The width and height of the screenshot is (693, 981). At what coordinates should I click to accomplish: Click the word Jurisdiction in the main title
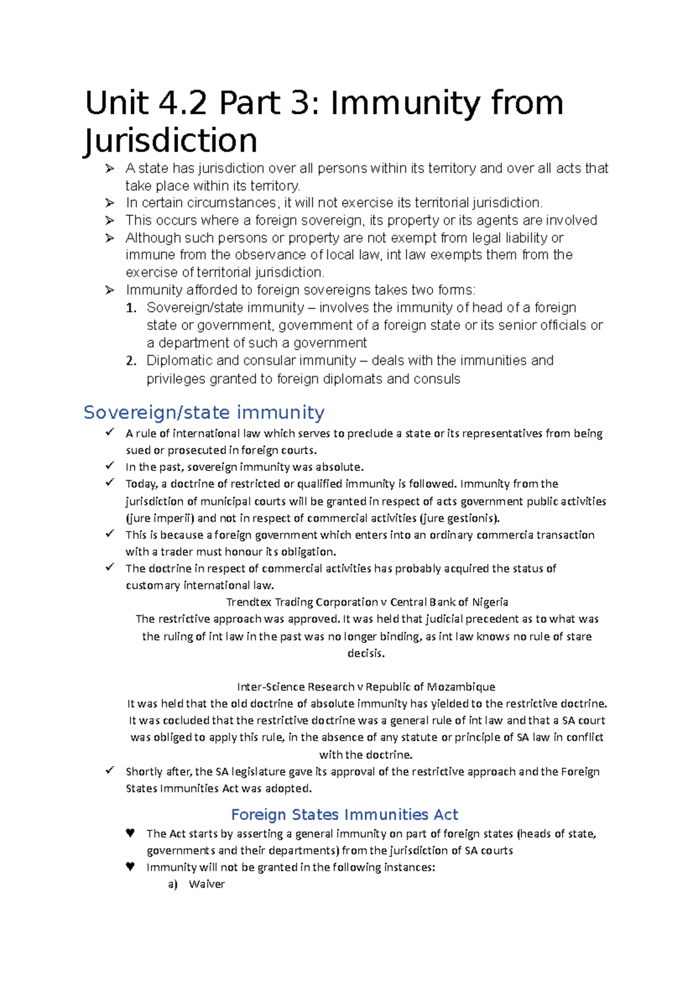pos(171,141)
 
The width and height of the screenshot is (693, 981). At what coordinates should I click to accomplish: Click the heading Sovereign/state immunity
pos(204,413)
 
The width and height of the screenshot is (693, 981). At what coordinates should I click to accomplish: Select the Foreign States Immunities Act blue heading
pos(344,815)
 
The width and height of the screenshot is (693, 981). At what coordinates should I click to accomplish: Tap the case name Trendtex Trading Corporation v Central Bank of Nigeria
pos(367,602)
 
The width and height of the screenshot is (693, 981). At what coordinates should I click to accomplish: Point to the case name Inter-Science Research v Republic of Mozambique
pos(366,687)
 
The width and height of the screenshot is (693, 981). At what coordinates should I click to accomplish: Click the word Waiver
pos(206,884)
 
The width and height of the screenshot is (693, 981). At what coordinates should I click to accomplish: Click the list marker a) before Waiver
pos(173,884)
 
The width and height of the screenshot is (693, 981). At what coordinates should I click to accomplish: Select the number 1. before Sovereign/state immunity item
pos(131,308)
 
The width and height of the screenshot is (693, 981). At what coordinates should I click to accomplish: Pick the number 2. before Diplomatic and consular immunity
pos(131,361)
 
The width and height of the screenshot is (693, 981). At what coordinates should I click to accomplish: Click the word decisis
pos(366,653)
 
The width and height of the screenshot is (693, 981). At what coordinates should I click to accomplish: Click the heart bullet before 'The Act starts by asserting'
pos(130,833)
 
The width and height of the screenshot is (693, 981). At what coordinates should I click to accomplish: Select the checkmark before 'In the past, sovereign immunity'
pos(110,466)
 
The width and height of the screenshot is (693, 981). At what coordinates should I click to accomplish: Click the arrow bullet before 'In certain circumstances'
pos(110,203)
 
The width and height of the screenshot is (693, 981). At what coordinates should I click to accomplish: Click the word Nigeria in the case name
pos(490,602)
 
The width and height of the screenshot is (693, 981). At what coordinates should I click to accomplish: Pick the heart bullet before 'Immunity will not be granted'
pos(130,867)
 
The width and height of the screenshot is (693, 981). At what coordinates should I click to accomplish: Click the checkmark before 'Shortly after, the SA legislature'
pos(110,771)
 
